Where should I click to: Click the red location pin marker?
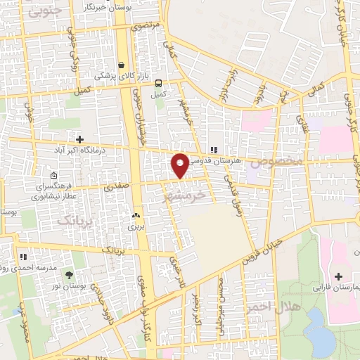(x=180, y=165)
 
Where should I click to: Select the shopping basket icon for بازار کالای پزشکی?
(x=121, y=62)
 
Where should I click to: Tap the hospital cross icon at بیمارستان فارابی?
(x=338, y=276)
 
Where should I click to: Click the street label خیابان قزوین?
(x=261, y=250)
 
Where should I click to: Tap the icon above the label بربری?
(x=135, y=217)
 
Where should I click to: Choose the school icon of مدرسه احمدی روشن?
(x=23, y=257)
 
